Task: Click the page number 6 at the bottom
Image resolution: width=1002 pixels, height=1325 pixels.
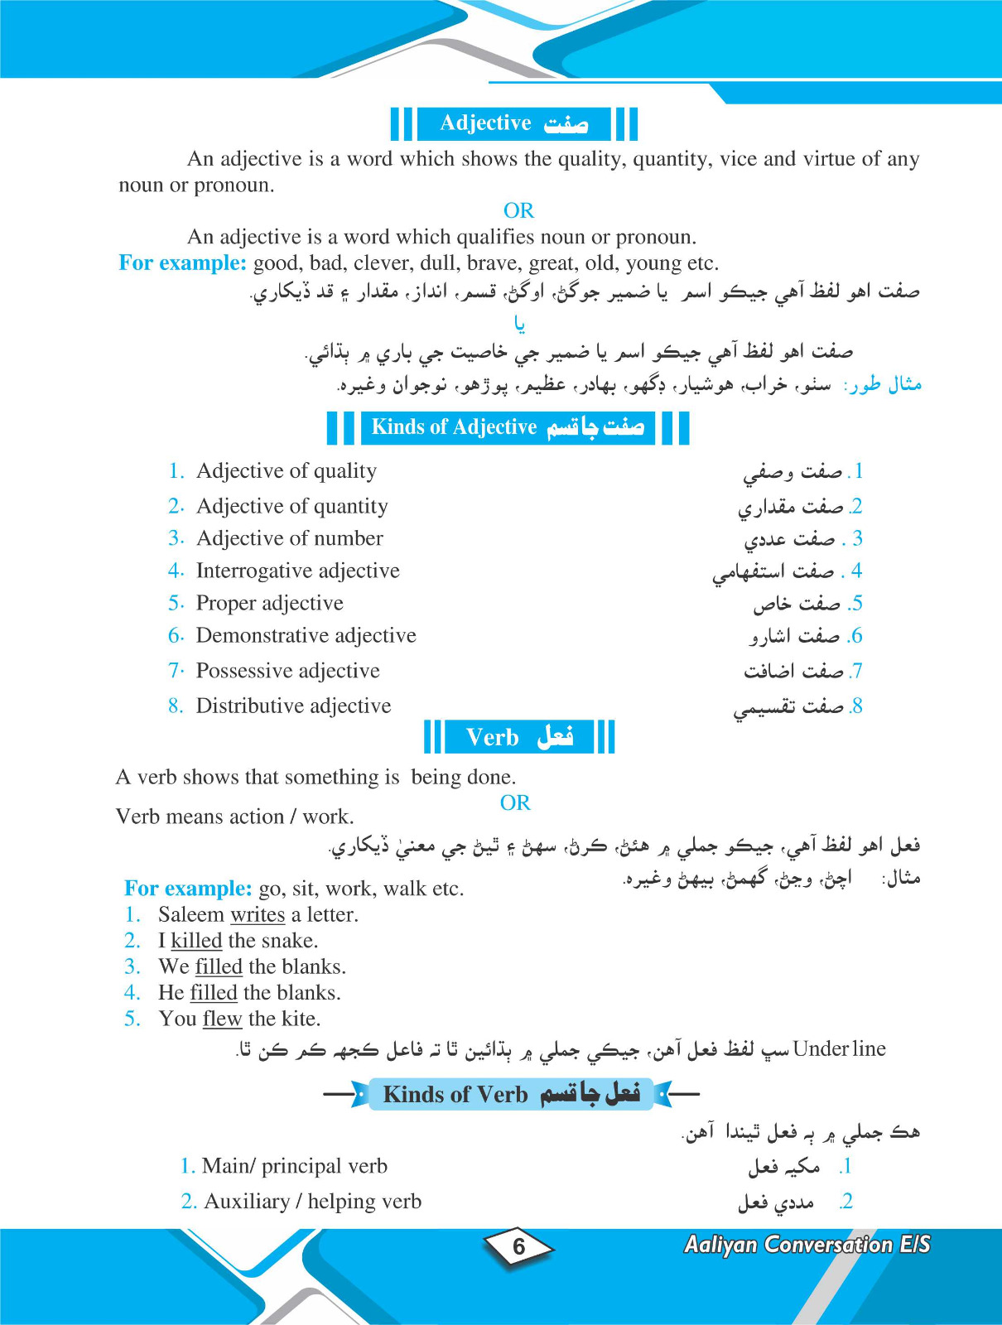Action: [x=519, y=1246]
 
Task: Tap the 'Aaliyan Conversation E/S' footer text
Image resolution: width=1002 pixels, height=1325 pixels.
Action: [x=807, y=1245]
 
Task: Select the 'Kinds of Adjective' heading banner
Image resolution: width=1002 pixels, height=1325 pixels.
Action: [x=508, y=427]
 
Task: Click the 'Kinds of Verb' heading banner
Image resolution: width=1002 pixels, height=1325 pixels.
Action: [x=511, y=1094]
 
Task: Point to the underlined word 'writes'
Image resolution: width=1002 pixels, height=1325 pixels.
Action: [x=258, y=915]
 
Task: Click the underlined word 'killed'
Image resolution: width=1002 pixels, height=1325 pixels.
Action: [x=196, y=941]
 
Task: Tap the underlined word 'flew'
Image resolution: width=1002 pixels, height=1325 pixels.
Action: [x=222, y=1019]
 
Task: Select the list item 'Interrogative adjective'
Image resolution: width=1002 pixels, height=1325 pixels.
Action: [x=297, y=571]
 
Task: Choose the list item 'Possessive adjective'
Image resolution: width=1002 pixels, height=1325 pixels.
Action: [x=287, y=671]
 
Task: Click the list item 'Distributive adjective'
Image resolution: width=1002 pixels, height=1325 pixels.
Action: [x=293, y=706]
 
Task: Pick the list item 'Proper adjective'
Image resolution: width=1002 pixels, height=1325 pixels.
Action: [x=269, y=603]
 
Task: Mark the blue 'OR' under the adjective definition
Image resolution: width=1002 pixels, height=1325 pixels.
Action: [x=518, y=210]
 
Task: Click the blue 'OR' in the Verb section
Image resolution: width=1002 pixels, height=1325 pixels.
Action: [x=515, y=802]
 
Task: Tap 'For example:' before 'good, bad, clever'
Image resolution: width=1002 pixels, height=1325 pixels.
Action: [x=182, y=263]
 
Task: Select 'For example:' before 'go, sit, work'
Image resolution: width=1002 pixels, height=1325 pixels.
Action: [x=187, y=889]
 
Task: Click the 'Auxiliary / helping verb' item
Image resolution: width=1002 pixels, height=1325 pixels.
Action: [x=312, y=1202]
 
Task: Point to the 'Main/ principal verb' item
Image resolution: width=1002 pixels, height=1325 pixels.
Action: [x=294, y=1166]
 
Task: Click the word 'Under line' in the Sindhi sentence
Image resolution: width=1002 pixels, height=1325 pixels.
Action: [x=839, y=1049]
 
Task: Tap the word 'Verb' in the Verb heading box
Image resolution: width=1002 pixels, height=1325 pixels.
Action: [x=492, y=737]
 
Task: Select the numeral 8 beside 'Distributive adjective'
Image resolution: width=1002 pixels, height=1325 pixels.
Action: [x=175, y=706]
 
